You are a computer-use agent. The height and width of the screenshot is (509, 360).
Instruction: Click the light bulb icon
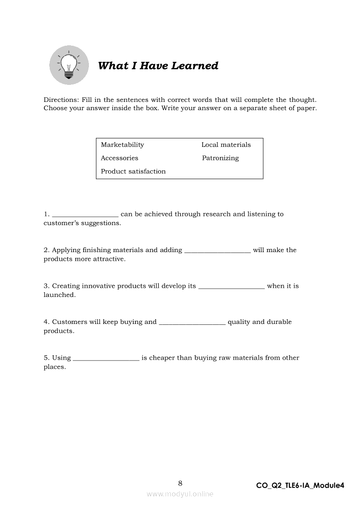(68, 65)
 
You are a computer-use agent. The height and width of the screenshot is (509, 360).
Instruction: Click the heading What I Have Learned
(158, 66)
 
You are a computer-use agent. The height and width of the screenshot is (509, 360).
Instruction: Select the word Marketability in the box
(122, 145)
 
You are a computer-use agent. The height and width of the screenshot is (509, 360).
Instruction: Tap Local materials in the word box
(226, 145)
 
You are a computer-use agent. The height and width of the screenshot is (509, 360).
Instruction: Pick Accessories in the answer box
(119, 158)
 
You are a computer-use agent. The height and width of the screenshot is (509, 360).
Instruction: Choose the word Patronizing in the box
(220, 158)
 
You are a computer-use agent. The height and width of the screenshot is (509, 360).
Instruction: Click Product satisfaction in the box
(133, 171)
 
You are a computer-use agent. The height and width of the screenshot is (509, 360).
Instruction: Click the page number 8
(180, 483)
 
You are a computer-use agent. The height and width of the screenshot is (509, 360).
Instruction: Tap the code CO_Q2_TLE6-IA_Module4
(300, 485)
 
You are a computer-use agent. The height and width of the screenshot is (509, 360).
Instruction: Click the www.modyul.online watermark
(180, 494)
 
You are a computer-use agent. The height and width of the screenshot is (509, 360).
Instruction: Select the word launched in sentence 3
(59, 295)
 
